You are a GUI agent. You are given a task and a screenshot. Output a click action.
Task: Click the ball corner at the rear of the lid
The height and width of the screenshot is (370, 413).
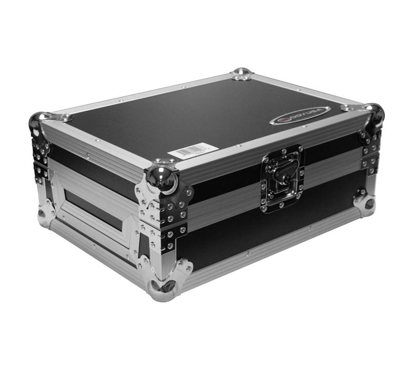click(242, 73)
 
